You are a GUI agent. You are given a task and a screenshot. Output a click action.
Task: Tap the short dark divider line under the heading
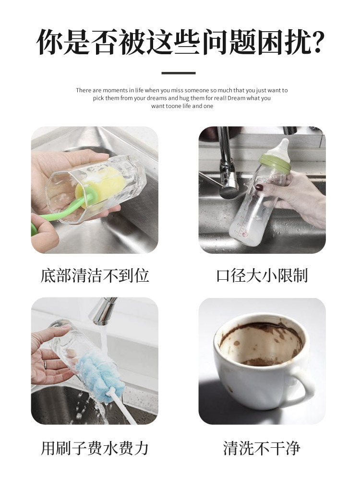[x=179, y=73]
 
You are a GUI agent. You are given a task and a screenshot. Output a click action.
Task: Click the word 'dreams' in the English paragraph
[x=156, y=98]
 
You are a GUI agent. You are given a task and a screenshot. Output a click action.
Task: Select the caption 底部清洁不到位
[x=95, y=275]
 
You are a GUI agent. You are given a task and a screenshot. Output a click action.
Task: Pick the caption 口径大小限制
[x=262, y=275]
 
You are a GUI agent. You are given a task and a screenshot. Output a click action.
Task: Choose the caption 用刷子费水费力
[x=95, y=448]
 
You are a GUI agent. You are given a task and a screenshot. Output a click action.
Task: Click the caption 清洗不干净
[x=262, y=448]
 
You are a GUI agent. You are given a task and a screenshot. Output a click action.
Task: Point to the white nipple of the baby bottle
[x=283, y=152]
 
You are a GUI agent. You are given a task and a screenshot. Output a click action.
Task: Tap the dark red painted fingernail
[x=259, y=187]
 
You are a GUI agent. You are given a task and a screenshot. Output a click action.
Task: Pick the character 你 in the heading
[x=50, y=42]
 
